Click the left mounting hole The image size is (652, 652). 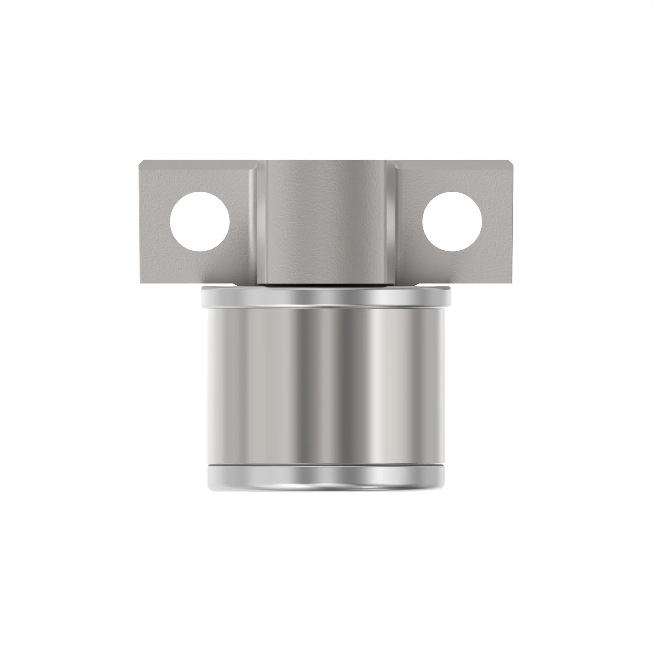click(x=200, y=221)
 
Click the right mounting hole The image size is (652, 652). click(x=452, y=221)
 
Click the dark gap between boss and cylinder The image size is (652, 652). click(x=326, y=285)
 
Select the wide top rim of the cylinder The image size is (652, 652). click(x=326, y=297)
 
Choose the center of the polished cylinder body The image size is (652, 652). click(x=326, y=385)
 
